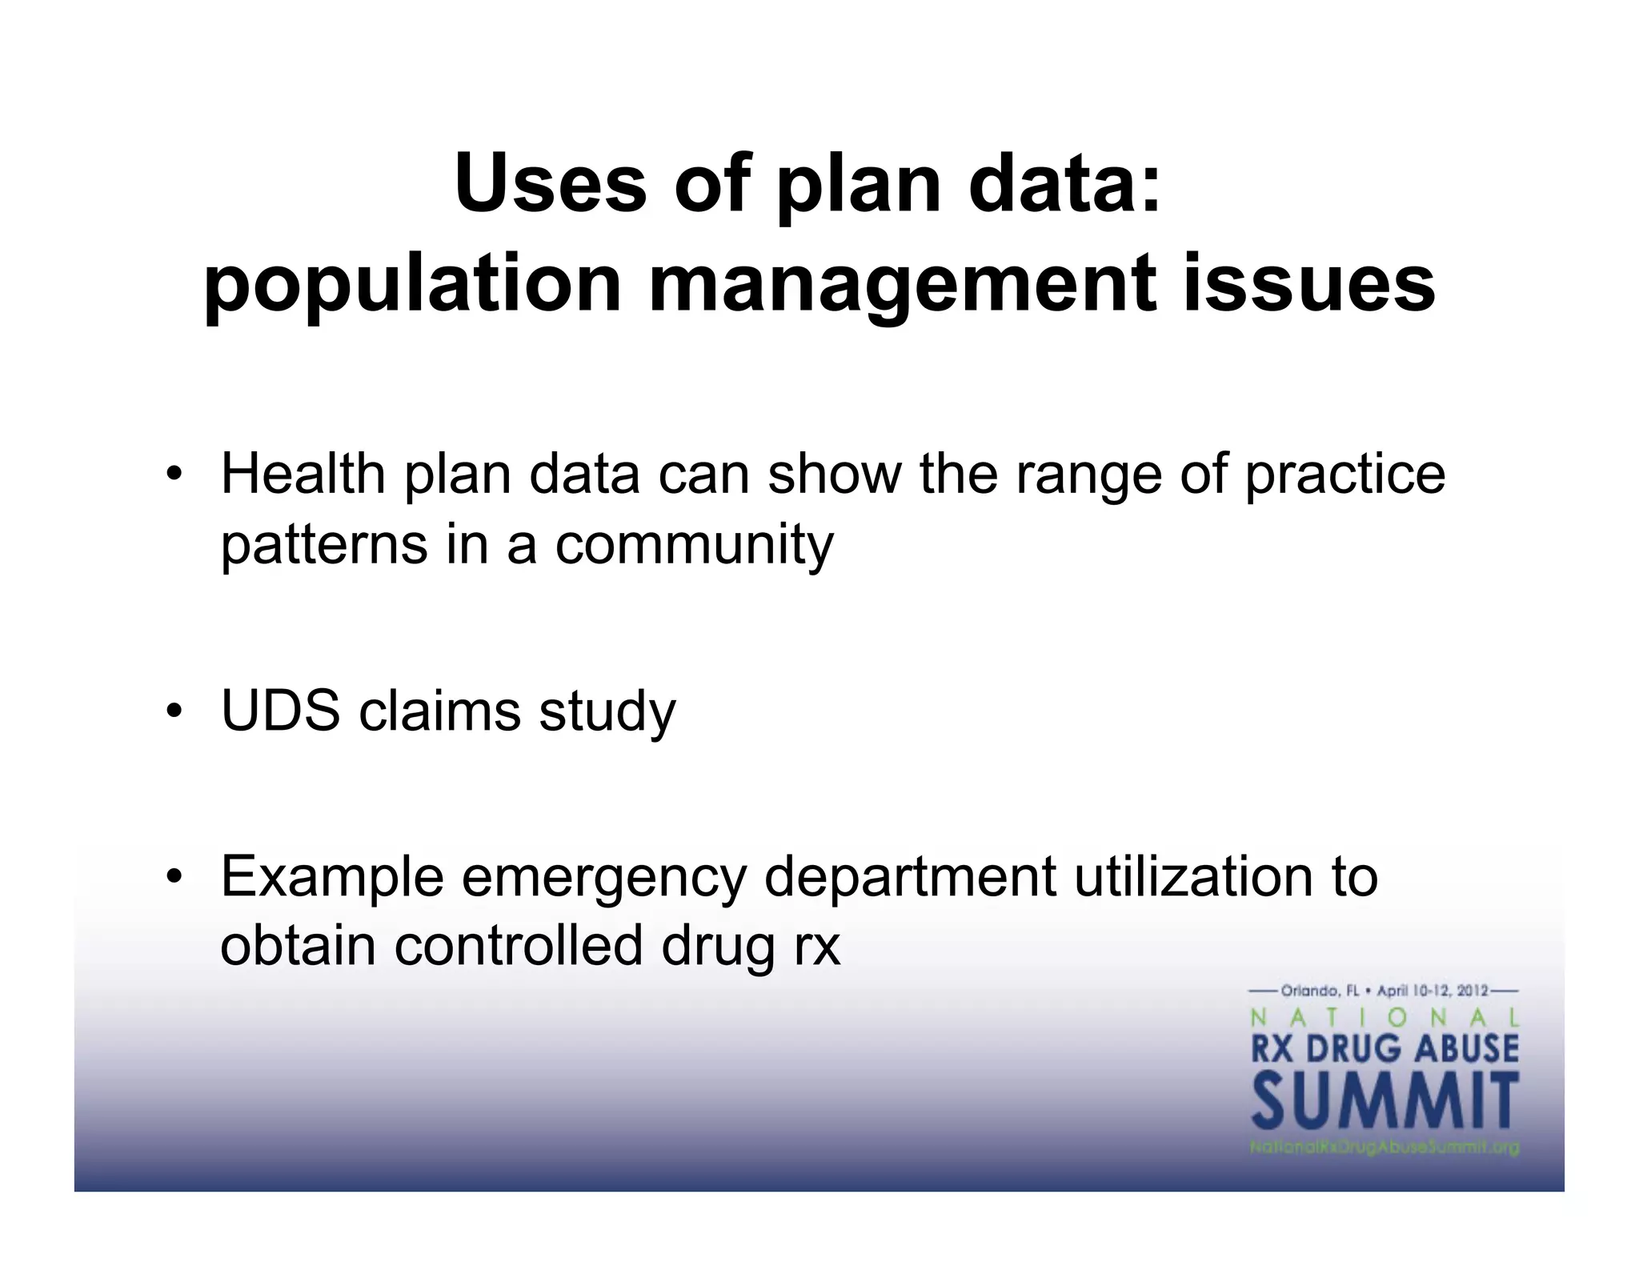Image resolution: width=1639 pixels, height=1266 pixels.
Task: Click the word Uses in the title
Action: tap(551, 184)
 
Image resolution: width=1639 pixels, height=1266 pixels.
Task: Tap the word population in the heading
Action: tap(412, 284)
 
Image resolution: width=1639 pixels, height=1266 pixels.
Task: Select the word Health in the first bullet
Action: tap(303, 474)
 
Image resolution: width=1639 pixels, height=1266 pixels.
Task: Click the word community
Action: tap(694, 546)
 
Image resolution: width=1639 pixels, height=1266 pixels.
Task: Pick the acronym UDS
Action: tap(280, 711)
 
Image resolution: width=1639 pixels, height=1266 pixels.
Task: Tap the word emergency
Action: tap(603, 878)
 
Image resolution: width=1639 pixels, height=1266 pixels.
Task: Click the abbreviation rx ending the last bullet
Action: tap(816, 947)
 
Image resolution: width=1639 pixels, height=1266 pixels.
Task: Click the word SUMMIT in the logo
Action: tap(1385, 1101)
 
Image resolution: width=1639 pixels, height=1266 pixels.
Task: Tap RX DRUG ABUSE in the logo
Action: tap(1385, 1048)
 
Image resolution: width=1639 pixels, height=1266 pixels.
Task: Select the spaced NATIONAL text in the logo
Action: tap(1385, 1018)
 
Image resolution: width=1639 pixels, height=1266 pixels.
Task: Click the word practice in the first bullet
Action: tap(1344, 474)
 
